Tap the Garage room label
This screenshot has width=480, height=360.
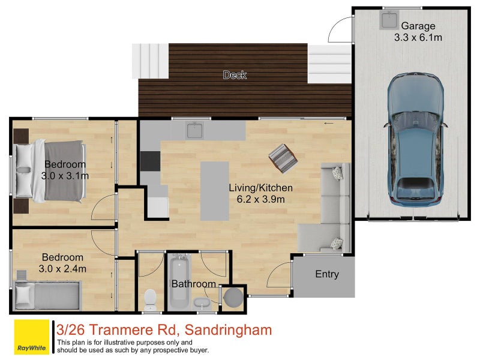(x=418, y=26)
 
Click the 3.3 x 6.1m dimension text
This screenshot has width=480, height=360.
(x=418, y=38)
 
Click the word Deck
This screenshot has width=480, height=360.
(x=235, y=75)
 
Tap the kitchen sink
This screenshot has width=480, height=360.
(x=194, y=129)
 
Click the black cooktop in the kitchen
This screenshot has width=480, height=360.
(x=150, y=161)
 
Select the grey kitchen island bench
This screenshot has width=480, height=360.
(x=214, y=190)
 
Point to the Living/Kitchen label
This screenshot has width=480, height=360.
(x=257, y=187)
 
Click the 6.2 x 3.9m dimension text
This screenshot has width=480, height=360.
(x=257, y=199)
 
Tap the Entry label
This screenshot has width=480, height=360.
(x=327, y=274)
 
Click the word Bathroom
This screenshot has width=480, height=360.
(x=194, y=284)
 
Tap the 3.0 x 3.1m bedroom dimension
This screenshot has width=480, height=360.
(x=65, y=176)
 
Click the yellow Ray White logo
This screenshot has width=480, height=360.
(x=31, y=337)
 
